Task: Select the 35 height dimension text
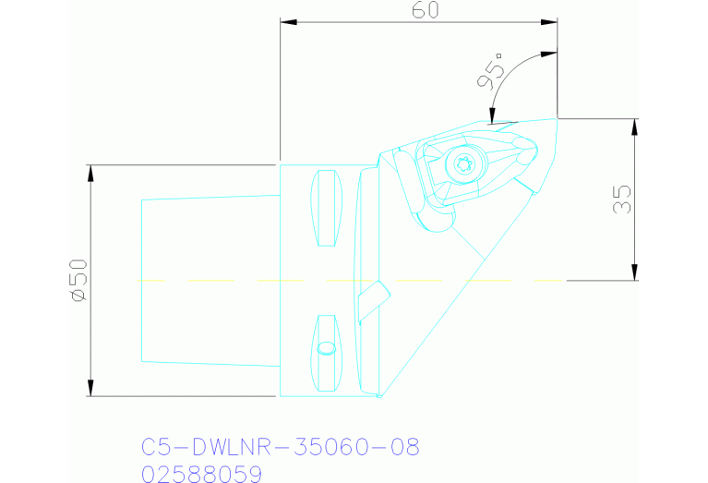point(621,199)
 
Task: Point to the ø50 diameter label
point(78,279)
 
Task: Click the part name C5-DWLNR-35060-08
point(281,448)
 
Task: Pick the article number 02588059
point(202,474)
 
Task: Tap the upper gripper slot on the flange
point(326,208)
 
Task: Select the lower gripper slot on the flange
point(326,351)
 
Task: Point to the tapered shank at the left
point(209,278)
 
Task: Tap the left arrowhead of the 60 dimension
point(287,21)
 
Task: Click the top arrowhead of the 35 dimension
point(635,126)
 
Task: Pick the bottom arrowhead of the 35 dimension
point(635,272)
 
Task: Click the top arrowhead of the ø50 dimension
point(90,172)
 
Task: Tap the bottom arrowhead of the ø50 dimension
point(90,389)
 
